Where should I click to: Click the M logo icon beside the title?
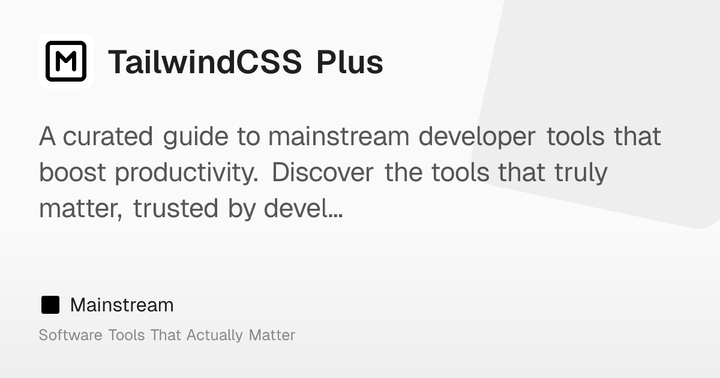[66, 61]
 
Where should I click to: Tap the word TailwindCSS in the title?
[205, 62]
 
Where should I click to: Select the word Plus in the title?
[350, 62]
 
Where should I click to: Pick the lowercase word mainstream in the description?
[339, 137]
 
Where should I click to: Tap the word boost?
[73, 173]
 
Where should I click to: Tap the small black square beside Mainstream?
[50, 305]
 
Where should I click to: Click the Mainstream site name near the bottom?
[122, 305]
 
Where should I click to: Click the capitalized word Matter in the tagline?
[272, 335]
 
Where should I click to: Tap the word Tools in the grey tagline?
[127, 335]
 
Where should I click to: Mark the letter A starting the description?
[47, 137]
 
